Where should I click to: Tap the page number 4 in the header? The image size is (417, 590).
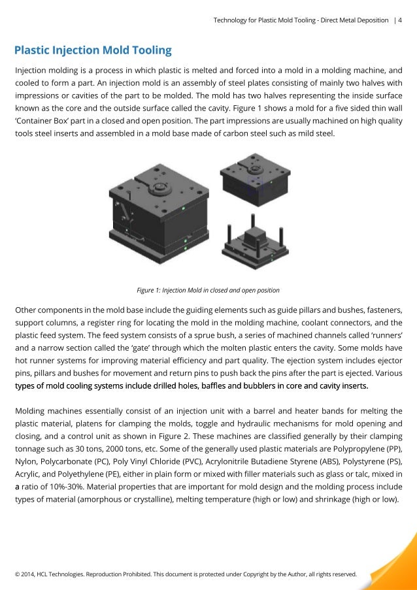[400, 20]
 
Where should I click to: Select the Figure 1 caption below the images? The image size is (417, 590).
[208, 290]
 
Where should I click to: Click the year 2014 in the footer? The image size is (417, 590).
[31, 575]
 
